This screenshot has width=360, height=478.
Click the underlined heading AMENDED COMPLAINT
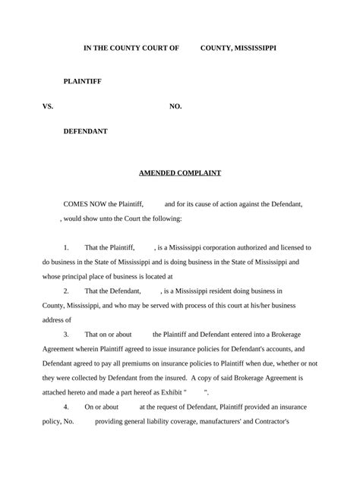click(x=180, y=173)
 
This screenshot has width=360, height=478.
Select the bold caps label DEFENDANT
click(x=85, y=131)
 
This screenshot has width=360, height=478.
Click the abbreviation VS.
click(x=48, y=106)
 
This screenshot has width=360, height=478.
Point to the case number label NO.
click(x=175, y=106)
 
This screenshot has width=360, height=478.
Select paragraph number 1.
click(x=66, y=247)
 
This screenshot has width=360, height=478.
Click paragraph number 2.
click(x=66, y=291)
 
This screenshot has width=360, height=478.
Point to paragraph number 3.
click(x=66, y=334)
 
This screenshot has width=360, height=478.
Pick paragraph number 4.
click(x=66, y=407)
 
